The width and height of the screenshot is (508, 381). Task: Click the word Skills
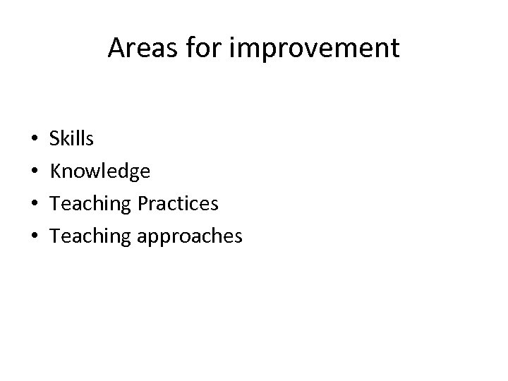coord(71,139)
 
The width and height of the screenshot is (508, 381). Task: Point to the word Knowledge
coord(99,171)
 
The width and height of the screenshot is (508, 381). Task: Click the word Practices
coord(179,203)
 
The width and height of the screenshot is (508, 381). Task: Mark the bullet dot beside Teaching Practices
coord(35,205)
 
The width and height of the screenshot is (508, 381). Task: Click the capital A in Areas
coord(116,49)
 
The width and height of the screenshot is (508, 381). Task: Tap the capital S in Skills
coord(55,139)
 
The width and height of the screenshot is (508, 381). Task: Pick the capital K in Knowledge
coord(56,171)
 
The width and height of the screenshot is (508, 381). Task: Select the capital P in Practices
coord(143,203)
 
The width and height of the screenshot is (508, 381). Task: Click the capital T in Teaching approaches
coord(56,236)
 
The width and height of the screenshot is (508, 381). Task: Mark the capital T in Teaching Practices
coord(56,203)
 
